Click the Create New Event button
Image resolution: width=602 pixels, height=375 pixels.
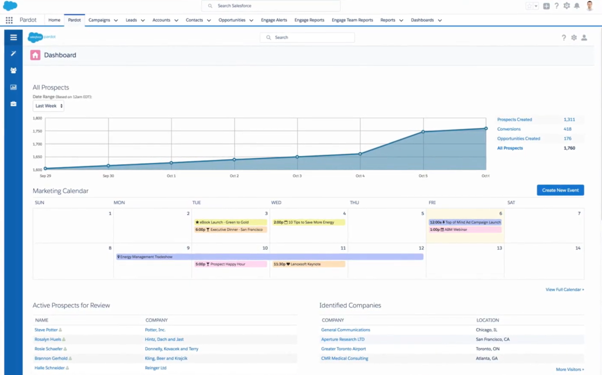(x=560, y=190)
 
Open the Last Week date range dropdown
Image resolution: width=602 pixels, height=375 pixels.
(x=49, y=106)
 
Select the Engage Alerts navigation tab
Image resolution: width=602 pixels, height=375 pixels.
(x=274, y=20)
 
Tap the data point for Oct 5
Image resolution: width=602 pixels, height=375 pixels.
(x=423, y=132)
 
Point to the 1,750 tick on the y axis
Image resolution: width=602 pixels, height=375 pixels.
(x=37, y=131)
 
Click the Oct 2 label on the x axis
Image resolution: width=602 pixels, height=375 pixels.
(x=234, y=176)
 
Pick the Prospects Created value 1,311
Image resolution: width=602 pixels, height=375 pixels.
(x=569, y=120)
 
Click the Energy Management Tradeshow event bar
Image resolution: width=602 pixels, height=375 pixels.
(x=270, y=257)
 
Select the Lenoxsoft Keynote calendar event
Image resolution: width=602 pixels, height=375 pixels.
(x=308, y=264)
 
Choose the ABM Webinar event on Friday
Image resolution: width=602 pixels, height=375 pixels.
(x=464, y=230)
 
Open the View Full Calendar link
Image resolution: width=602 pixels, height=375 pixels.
(x=564, y=290)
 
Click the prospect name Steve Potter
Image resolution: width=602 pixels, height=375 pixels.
(x=46, y=330)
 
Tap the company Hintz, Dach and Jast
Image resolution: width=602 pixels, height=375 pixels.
(x=164, y=339)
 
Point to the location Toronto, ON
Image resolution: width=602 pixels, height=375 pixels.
(x=488, y=349)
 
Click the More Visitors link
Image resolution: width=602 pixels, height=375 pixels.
(x=570, y=369)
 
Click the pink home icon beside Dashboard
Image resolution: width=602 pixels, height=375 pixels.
(x=35, y=55)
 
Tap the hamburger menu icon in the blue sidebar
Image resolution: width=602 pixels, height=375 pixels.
(x=14, y=37)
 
